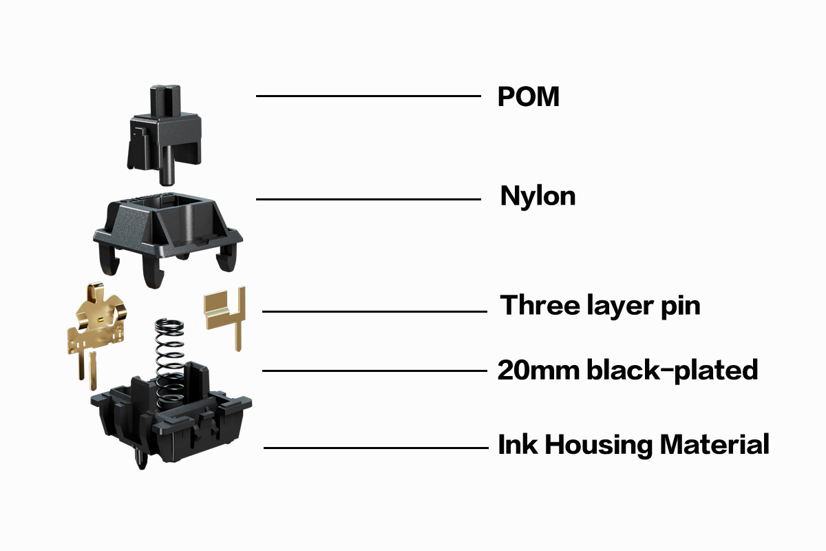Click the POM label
coord(528,97)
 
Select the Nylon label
coord(538,197)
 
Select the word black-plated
coord(672,371)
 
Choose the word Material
coord(714,445)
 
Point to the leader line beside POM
coord(368,96)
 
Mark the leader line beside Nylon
coord(368,200)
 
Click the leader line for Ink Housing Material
coord(376,448)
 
